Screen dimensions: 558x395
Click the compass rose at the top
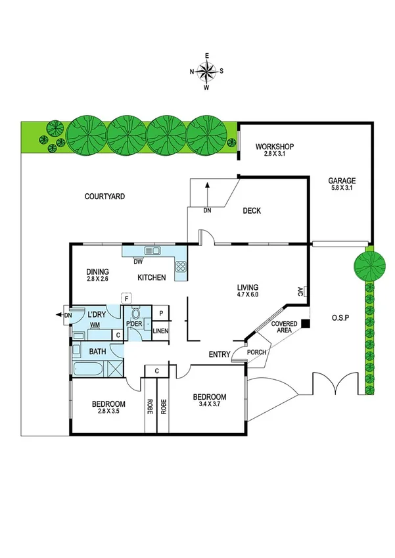coord(207,70)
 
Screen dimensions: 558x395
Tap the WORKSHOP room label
coord(274,147)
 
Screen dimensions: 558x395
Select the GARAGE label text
coord(342,181)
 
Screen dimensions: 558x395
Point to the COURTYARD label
coord(105,196)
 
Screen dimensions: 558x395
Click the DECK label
coord(252,211)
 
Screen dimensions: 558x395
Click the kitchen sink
coord(154,250)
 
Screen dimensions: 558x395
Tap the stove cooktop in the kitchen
coord(181,267)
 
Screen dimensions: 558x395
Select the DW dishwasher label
coord(138,262)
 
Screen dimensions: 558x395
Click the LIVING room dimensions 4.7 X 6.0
coord(248,295)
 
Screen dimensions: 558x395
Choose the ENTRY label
coord(219,355)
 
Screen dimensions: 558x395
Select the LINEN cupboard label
coord(160,331)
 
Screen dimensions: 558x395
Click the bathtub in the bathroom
coord(90,368)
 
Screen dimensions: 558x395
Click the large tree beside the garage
coord(368,264)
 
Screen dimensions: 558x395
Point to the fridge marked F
coord(126,299)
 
